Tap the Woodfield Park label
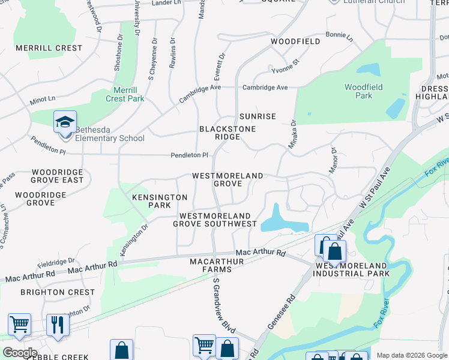pyautogui.click(x=363, y=91)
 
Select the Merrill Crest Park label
pyautogui.click(x=125, y=95)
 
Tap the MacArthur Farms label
pyautogui.click(x=217, y=266)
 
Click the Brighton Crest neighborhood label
pyautogui.click(x=57, y=292)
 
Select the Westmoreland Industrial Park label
pyautogui.click(x=352, y=269)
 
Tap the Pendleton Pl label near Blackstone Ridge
pyautogui.click(x=189, y=155)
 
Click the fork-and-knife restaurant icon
pyautogui.click(x=58, y=325)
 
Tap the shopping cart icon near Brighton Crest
pyautogui.click(x=19, y=325)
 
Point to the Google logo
pyautogui.click(x=19, y=353)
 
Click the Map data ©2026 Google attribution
pyautogui.click(x=411, y=355)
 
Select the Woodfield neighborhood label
pyautogui.click(x=295, y=41)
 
